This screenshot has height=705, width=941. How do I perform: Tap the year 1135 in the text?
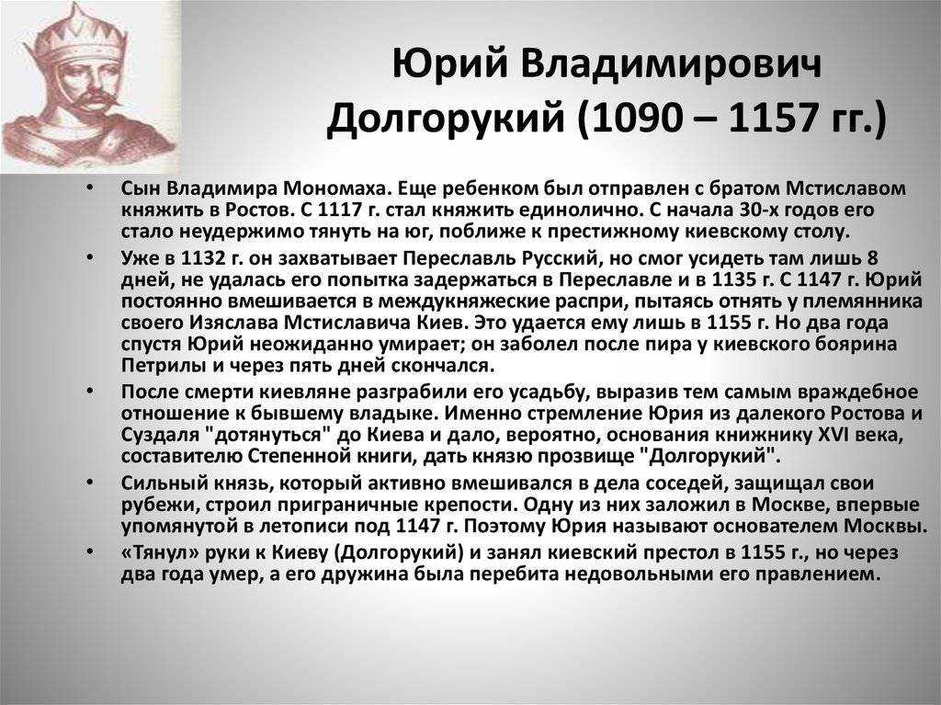pyautogui.click(x=732, y=279)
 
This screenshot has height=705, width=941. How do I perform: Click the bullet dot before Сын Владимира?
pyautogui.click(x=89, y=188)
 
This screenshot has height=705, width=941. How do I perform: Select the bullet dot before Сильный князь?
pyautogui.click(x=89, y=483)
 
